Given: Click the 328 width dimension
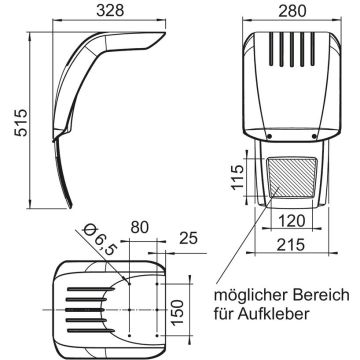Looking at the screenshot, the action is click(110, 10).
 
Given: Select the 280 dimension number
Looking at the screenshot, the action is click(292, 11).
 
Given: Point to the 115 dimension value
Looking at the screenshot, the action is click(238, 177).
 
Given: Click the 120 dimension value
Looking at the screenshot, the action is click(292, 221).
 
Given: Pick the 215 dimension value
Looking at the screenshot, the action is click(291, 245).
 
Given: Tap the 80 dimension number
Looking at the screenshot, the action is click(139, 227).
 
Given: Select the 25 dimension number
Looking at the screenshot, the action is click(189, 238).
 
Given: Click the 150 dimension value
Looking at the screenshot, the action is click(178, 312).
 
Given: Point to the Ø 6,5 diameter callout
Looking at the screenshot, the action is click(98, 240).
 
